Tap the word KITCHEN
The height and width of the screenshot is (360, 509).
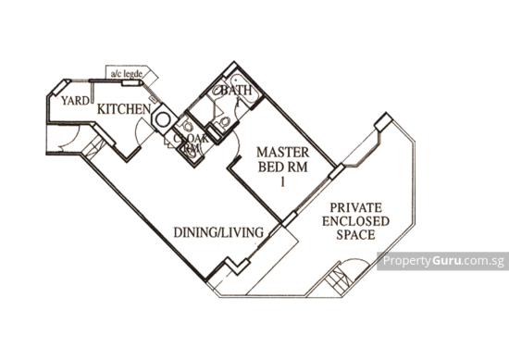click(x=123, y=109)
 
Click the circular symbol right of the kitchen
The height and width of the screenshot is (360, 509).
click(x=161, y=118)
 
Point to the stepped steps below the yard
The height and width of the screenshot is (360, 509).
click(x=89, y=146)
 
